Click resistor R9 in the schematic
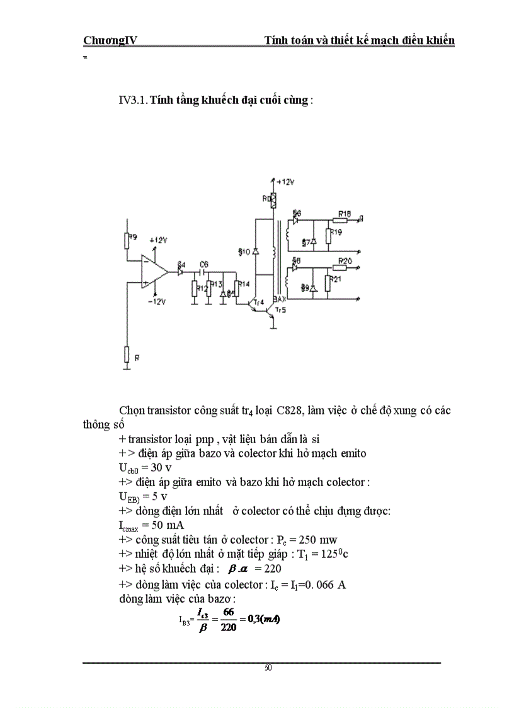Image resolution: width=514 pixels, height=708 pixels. pyautogui.click(x=127, y=240)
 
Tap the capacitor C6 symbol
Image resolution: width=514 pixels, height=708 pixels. pyautogui.click(x=203, y=272)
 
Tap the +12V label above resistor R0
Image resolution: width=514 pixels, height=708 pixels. pyautogui.click(x=285, y=182)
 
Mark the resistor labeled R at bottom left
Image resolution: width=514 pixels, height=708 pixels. pyautogui.click(x=127, y=355)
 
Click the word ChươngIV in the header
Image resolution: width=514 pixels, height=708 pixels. pyautogui.click(x=110, y=41)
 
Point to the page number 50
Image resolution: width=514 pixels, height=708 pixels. pyautogui.click(x=268, y=668)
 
